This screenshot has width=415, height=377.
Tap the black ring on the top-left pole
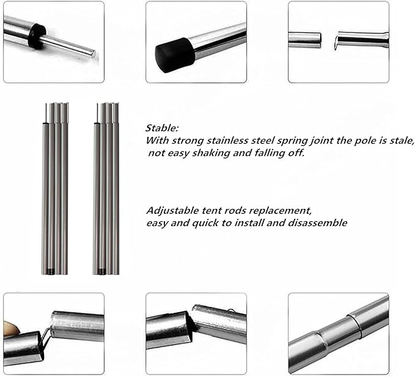[x=37, y=35]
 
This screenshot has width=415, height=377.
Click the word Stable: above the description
[x=162, y=128]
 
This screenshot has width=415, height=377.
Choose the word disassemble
[x=317, y=222]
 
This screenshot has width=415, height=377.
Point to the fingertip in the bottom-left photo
[x=8, y=326]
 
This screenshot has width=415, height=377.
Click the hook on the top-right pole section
[x=336, y=42]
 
